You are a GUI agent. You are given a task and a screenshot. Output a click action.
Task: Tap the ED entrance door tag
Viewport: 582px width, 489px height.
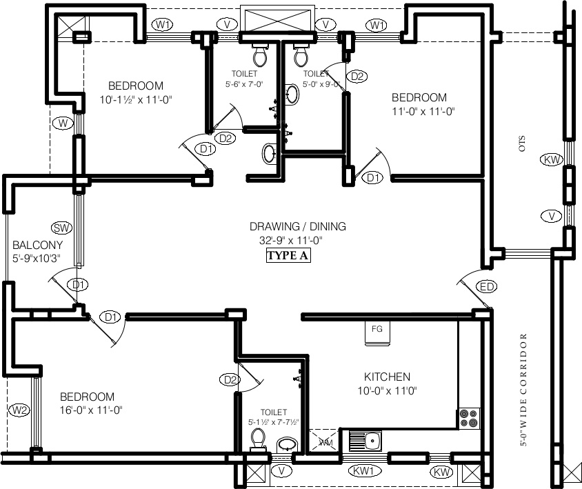pos(487,286)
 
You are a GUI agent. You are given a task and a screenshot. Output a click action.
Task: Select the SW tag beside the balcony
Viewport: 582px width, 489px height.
pos(62,228)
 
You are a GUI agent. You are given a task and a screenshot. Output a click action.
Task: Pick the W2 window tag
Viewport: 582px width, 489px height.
pos(20,410)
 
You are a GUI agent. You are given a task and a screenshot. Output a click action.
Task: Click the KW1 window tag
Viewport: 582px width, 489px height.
pos(364,472)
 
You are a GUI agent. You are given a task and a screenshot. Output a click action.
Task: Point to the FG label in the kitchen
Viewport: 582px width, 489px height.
pos(377,329)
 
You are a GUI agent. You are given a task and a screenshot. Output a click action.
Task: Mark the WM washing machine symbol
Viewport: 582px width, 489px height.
pos(324,442)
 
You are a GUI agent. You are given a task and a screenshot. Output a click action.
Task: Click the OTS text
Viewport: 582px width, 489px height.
pos(522,143)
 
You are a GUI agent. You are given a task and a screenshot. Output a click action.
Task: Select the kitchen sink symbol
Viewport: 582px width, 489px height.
pos(366,439)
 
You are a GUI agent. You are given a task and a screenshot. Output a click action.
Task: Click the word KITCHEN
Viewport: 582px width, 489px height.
pos(387,377)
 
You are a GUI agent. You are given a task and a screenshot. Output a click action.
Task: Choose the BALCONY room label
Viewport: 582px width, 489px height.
pos(37,245)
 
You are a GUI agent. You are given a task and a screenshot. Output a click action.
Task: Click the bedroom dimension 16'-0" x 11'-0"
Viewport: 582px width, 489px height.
pos(90,410)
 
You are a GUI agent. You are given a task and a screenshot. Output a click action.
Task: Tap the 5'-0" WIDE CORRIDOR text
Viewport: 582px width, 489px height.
pos(523,391)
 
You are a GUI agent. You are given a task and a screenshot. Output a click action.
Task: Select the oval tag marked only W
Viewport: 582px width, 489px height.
pos(63,123)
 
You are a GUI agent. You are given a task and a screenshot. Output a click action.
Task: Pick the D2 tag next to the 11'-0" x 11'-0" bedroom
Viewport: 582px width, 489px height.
pos(356,77)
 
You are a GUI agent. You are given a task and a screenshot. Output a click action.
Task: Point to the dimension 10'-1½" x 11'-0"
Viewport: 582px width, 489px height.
pos(135,99)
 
